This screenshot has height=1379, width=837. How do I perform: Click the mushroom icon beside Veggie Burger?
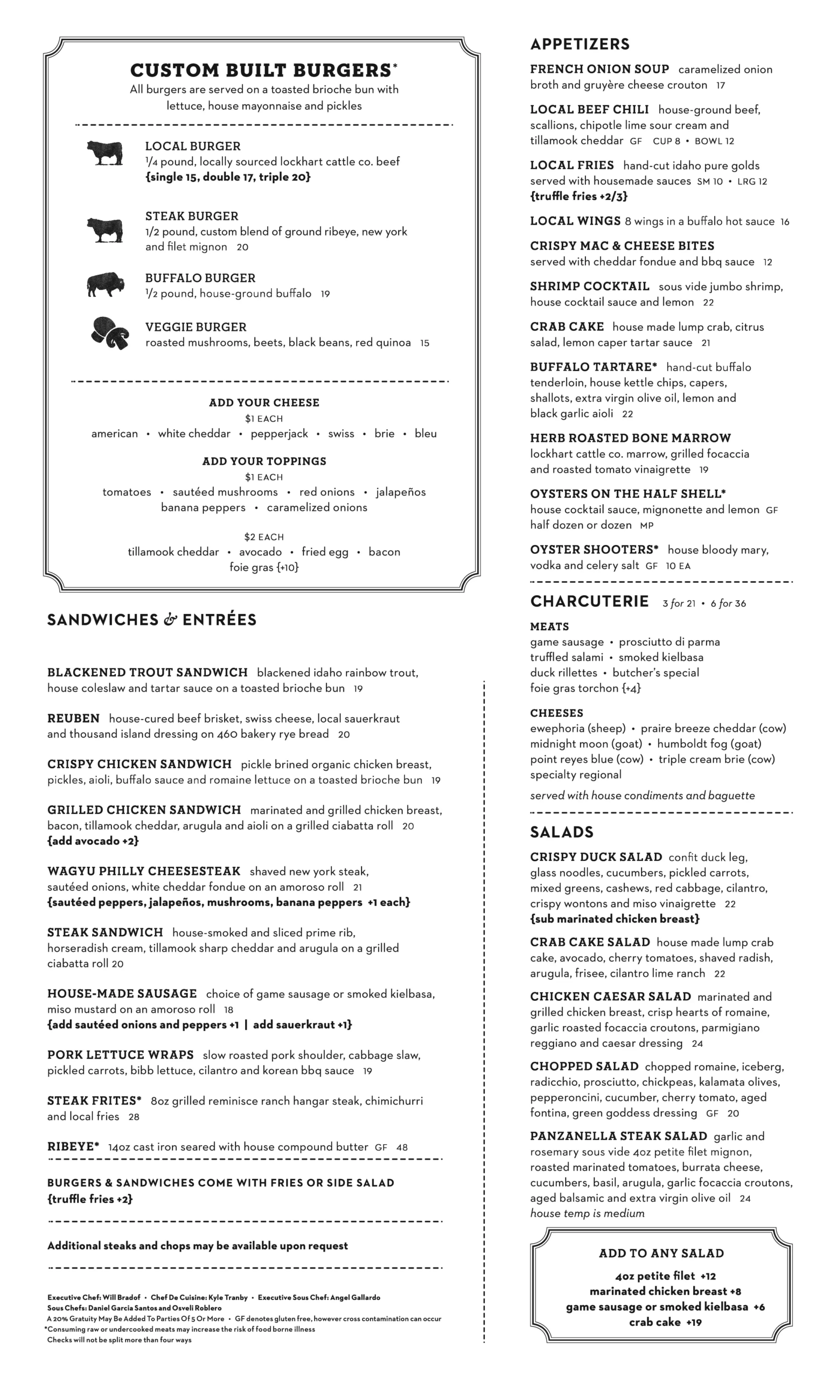(110, 333)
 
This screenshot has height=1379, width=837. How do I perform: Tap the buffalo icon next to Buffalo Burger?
(105, 285)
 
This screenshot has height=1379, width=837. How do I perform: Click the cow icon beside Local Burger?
(105, 153)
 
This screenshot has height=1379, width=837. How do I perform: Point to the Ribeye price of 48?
(402, 1147)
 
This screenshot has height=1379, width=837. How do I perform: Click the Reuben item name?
(73, 719)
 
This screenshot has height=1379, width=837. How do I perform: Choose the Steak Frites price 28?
(134, 1117)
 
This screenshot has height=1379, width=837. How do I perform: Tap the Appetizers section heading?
(580, 44)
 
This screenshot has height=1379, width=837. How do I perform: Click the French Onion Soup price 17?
(721, 86)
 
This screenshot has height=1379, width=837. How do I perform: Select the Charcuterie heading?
(589, 602)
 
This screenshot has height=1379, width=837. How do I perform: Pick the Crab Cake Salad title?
(590, 943)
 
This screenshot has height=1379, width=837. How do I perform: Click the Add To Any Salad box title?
(661, 1253)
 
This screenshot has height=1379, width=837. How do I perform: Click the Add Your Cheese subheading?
(264, 403)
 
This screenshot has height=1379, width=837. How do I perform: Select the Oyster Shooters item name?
(594, 549)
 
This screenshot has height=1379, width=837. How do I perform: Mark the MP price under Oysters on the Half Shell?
(647, 526)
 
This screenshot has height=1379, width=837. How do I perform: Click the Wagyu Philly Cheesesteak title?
(144, 872)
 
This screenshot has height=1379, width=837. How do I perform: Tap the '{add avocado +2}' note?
(93, 841)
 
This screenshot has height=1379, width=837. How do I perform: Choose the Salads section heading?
(562, 832)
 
